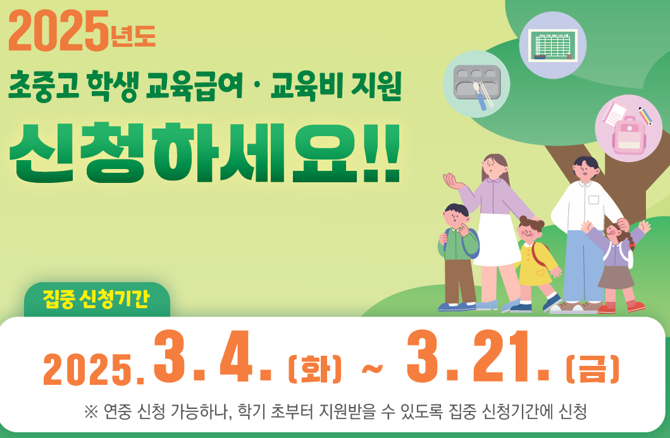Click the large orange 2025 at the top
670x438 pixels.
pyautogui.click(x=58, y=31)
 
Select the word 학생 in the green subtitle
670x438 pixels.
pyautogui.click(x=113, y=86)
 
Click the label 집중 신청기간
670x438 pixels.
pyautogui.click(x=96, y=299)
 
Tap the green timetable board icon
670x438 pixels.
pyautogui.click(x=552, y=45)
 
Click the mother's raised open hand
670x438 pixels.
pyautogui.click(x=453, y=181)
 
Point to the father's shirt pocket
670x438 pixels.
pyautogui.click(x=593, y=199)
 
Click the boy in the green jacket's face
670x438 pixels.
pyautogui.click(x=456, y=218)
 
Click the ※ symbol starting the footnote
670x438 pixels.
pyautogui.click(x=91, y=412)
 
